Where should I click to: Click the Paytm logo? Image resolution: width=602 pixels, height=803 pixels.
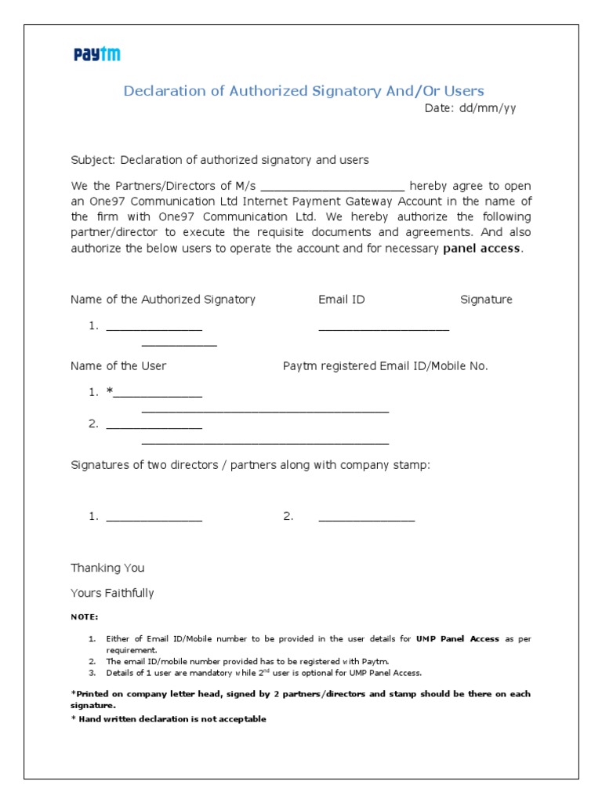[x=97, y=54]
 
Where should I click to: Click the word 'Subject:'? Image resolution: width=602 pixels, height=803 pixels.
[x=92, y=160]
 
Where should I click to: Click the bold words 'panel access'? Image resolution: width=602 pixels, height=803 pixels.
[x=481, y=249]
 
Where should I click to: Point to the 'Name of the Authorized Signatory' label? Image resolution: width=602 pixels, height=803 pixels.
[x=163, y=300]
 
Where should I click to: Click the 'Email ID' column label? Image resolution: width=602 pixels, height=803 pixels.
[x=341, y=300]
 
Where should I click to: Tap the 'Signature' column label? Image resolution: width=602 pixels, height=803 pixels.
[x=486, y=300]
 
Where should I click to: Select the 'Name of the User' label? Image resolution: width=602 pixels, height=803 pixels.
[x=118, y=366]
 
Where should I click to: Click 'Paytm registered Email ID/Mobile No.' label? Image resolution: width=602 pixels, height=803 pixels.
[x=385, y=366]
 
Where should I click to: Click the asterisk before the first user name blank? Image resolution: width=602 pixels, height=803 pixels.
[x=110, y=392]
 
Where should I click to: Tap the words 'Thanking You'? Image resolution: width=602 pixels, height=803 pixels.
[x=107, y=568]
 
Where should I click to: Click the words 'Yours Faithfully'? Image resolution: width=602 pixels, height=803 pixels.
[x=112, y=593]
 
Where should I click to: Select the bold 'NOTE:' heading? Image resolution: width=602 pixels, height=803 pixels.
[x=85, y=617]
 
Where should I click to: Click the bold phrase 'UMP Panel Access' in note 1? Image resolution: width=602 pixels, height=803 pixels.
[x=458, y=639]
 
